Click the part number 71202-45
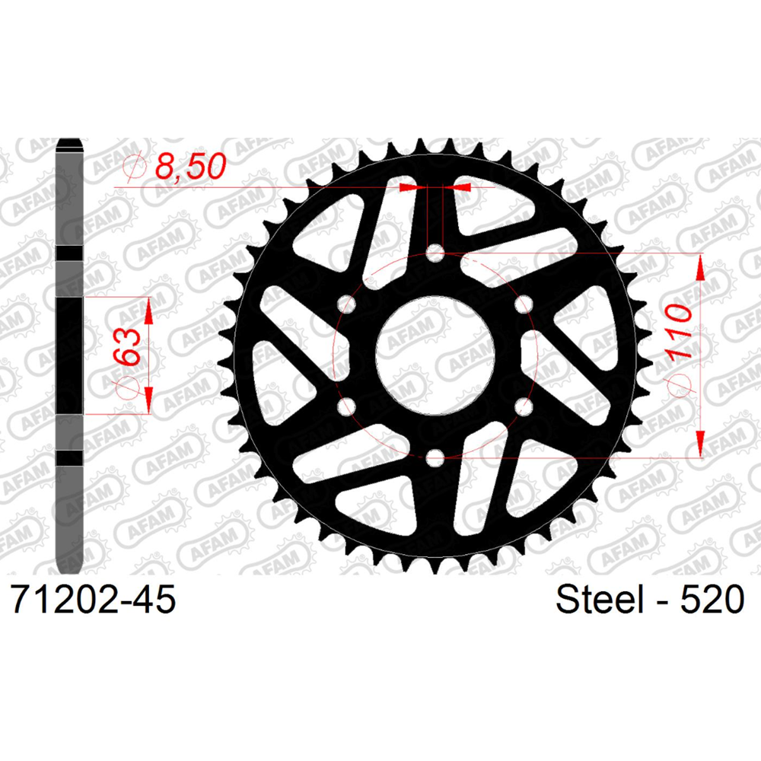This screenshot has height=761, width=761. (93, 599)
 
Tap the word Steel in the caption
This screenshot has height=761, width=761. (600, 599)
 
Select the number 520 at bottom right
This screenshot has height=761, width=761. (712, 599)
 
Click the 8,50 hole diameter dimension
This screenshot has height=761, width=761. (190, 166)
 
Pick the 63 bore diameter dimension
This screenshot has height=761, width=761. (127, 346)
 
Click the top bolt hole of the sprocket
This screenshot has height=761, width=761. (435, 253)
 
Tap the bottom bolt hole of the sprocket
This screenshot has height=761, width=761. (435, 457)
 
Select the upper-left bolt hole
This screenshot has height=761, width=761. (346, 304)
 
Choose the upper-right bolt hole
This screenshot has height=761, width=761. (524, 304)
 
